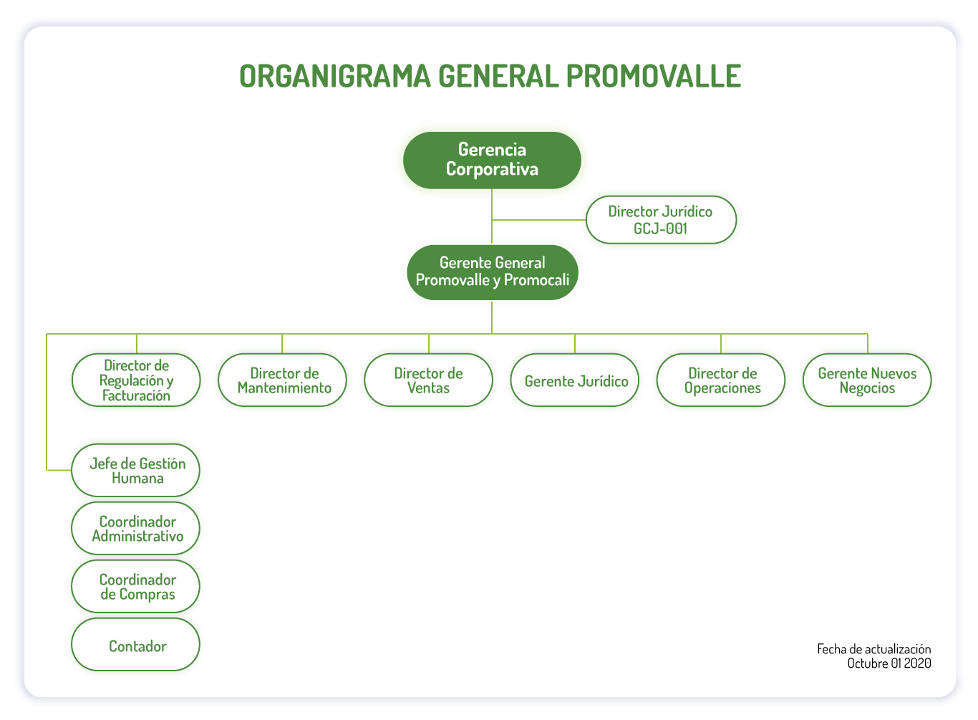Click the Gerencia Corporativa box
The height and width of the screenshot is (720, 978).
tap(492, 160)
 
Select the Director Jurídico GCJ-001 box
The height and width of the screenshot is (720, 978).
tap(661, 220)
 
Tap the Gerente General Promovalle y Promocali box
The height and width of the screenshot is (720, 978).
tap(492, 272)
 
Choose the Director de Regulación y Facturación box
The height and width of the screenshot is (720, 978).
tap(136, 380)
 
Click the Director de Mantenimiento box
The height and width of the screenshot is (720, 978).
tap(282, 380)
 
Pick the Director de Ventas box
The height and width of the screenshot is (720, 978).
tap(428, 380)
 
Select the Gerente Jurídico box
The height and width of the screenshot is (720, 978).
tap(575, 380)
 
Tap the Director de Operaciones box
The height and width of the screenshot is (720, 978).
tap(721, 380)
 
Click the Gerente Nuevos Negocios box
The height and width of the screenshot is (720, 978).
tap(867, 380)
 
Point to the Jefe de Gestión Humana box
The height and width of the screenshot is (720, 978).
tap(136, 470)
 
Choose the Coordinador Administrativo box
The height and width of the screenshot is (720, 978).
tap(136, 528)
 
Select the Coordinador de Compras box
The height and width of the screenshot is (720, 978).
tap(136, 586)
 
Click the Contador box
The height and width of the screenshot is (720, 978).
tap(136, 644)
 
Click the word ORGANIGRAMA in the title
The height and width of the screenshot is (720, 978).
tap(335, 76)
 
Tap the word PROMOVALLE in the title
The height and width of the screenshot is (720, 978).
tap(654, 76)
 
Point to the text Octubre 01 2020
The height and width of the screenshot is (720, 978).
tap(889, 663)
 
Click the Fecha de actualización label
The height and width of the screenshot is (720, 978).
tap(873, 649)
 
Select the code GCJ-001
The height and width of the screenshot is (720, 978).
tap(661, 229)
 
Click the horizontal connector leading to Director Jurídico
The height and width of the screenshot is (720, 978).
tap(539, 220)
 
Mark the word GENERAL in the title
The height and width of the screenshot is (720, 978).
tap(498, 76)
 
